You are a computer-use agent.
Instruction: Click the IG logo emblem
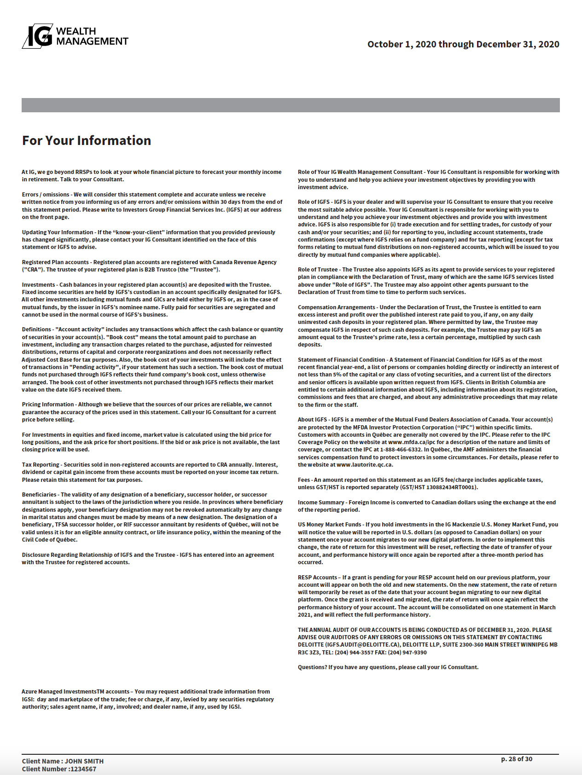tap(37, 36)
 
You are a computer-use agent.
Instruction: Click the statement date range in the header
tap(463, 44)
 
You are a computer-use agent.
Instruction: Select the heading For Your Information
tap(87, 140)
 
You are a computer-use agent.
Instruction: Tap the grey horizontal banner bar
tap(291, 105)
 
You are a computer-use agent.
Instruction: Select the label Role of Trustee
tap(318, 270)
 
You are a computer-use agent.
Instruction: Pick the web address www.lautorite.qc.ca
tap(365, 465)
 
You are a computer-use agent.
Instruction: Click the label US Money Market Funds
tap(329, 525)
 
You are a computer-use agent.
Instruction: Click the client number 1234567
tap(83, 769)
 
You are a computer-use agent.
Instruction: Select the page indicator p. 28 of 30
tap(517, 759)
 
